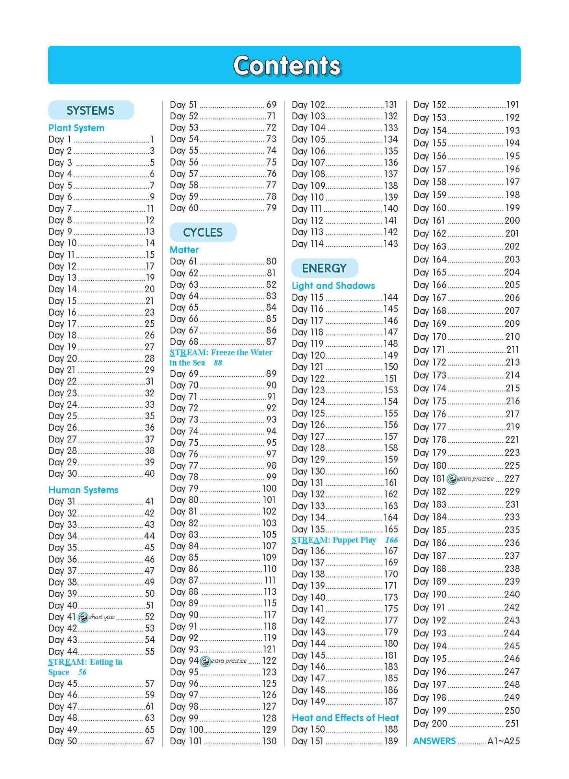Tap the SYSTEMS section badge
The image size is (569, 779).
click(x=91, y=110)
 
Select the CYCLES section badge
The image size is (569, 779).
click(x=203, y=232)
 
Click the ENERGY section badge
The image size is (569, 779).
click(x=324, y=268)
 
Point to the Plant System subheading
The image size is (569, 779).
click(x=76, y=128)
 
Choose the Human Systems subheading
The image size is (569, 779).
click(x=83, y=490)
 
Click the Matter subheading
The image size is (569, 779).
click(x=184, y=250)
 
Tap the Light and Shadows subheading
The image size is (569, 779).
click(x=333, y=286)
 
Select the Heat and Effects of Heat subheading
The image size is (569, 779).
click(x=345, y=718)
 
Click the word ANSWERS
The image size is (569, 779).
click(x=434, y=741)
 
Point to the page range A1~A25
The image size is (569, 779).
click(x=503, y=741)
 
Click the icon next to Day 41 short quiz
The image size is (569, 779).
click(x=83, y=617)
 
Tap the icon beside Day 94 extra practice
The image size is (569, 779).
click(x=205, y=661)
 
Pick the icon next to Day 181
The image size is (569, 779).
click(x=452, y=479)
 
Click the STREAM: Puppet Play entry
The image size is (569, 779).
click(x=334, y=540)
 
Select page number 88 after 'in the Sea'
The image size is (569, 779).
click(x=218, y=363)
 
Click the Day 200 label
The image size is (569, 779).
click(x=430, y=723)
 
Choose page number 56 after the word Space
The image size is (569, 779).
click(x=82, y=672)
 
